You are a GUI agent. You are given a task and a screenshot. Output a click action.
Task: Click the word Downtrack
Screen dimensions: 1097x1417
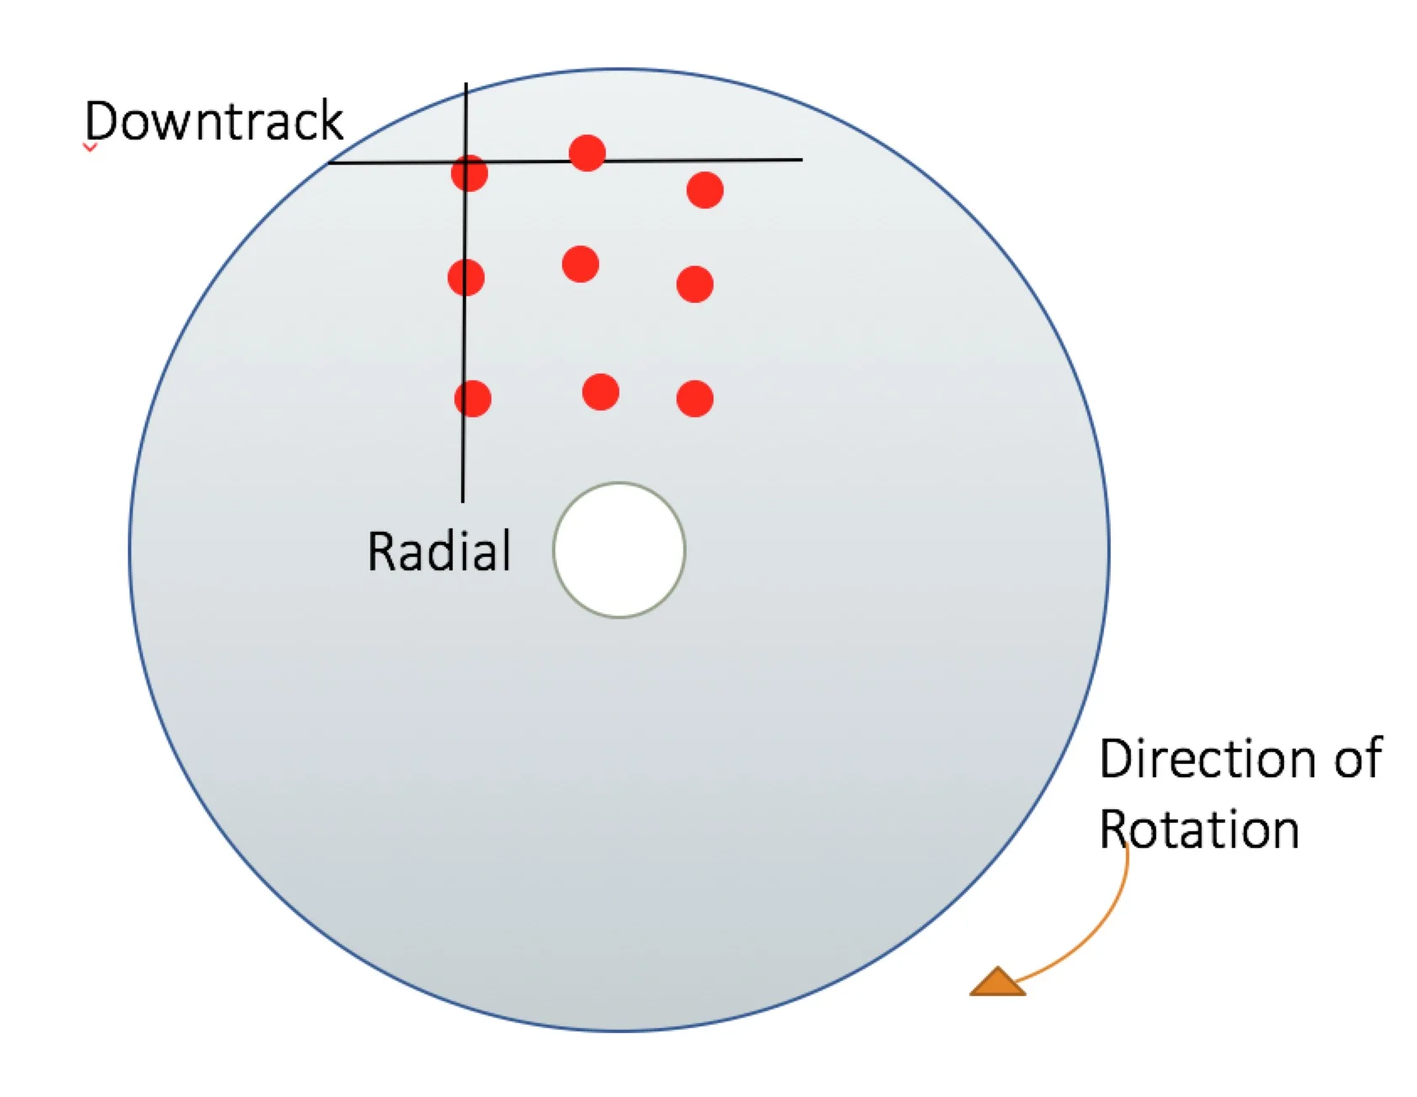coord(214,120)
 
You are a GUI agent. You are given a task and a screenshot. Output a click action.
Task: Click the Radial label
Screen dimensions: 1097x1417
coord(438,552)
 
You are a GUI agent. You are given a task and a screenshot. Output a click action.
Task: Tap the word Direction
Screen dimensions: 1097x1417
coord(1204,759)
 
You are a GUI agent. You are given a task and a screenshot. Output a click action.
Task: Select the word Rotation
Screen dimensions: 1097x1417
coord(1199,829)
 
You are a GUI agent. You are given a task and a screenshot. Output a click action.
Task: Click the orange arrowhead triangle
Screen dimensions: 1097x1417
coord(998,983)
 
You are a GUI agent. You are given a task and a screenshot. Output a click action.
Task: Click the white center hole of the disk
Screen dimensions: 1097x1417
coord(619,550)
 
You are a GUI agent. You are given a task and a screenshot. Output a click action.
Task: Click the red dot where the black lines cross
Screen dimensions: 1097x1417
coord(469,173)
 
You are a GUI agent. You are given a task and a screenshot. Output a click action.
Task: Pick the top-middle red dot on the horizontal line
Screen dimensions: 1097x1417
coord(587,153)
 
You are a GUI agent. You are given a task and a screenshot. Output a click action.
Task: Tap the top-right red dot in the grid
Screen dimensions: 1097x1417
coord(705,190)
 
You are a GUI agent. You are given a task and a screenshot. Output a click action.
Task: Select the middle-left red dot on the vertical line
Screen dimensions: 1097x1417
coord(466,278)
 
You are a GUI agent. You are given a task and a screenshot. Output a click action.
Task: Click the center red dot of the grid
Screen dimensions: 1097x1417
coord(581,264)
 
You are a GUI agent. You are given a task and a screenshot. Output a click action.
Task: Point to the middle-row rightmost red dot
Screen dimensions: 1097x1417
coord(695,284)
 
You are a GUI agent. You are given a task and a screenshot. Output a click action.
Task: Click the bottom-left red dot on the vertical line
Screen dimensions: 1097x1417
coord(473,399)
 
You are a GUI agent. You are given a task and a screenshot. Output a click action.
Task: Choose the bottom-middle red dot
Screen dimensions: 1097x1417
coord(601,392)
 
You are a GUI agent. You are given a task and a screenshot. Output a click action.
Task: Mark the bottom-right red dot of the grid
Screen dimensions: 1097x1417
coord(695,399)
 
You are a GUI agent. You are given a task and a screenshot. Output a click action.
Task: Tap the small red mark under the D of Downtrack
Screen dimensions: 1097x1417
coord(90,148)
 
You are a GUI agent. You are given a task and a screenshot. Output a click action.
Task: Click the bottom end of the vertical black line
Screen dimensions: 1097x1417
coord(463,500)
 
